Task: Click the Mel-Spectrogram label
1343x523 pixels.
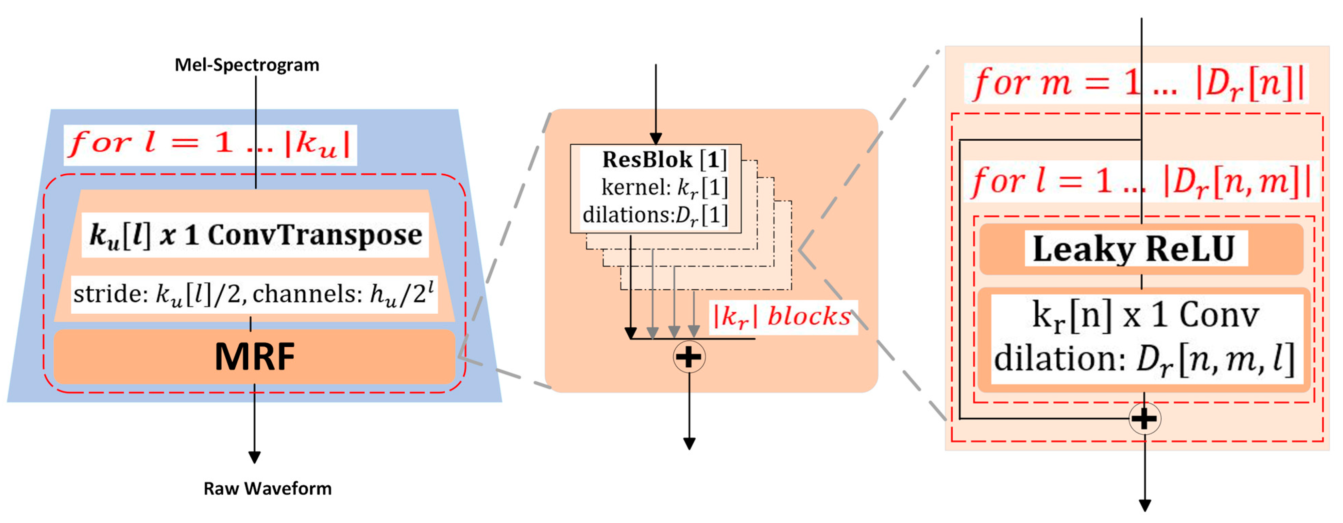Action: [247, 65]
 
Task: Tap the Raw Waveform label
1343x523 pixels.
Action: [267, 489]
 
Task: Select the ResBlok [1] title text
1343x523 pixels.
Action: [664, 159]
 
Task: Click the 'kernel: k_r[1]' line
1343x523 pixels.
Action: [664, 188]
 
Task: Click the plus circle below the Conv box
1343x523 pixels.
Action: [1144, 419]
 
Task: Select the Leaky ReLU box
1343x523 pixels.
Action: [1141, 249]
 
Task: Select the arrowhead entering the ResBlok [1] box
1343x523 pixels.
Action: [656, 139]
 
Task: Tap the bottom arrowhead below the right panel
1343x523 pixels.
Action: [1145, 505]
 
